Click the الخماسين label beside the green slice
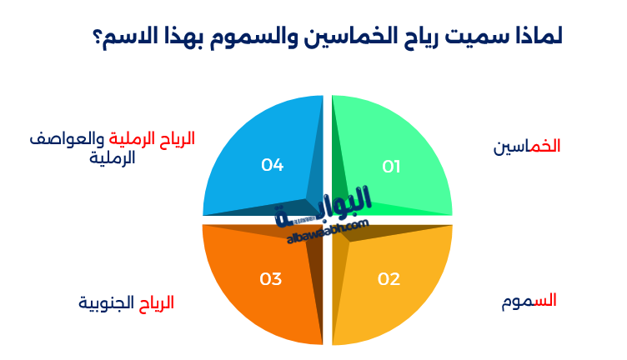(526, 146)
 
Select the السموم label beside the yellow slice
(529, 301)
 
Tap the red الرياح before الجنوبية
(156, 302)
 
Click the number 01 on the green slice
(391, 167)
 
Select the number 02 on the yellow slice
(389, 278)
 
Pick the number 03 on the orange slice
(270, 278)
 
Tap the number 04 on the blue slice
(272, 165)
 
